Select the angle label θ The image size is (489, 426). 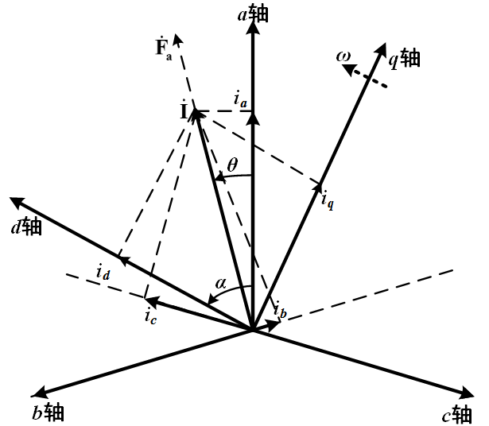point(231,165)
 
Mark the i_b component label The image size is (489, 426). point(279,308)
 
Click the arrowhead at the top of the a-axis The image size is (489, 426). point(253,27)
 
